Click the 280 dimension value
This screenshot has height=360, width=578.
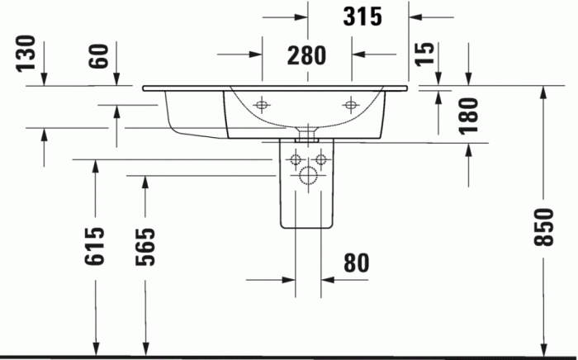306,55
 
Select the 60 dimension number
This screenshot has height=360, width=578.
99,56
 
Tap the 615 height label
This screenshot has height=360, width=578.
97,245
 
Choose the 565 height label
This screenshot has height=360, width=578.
145,245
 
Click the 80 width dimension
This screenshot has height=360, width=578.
355,263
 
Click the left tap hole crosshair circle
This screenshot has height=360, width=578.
263,105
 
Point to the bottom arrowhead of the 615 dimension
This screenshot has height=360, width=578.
97,348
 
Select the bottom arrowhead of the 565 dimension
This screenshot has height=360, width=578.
145,348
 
